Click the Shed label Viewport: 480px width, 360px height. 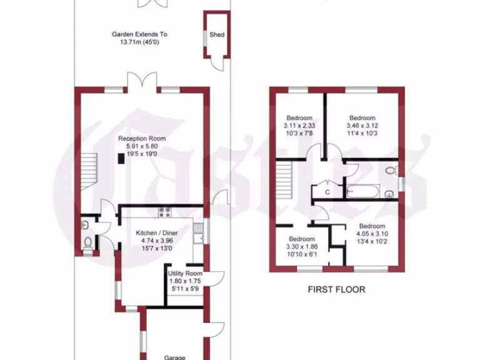[x=217, y=36]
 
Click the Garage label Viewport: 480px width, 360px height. [x=174, y=357]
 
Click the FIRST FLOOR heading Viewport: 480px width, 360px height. [x=336, y=290]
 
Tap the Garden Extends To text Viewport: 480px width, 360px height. [x=139, y=35]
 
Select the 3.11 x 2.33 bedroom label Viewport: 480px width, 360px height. [x=299, y=119]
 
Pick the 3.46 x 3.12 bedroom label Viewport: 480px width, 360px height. [x=362, y=119]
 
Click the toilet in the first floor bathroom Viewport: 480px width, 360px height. [x=391, y=169]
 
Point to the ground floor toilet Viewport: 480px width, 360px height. [x=87, y=243]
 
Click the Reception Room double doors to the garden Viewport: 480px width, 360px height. [x=141, y=82]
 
